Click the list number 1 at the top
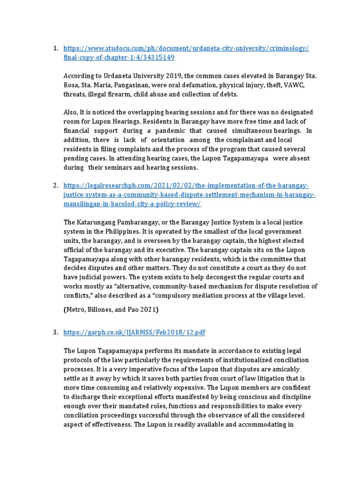[55, 48]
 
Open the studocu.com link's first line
[186, 48]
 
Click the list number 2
[55, 185]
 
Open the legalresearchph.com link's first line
[186, 185]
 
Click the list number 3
[55, 332]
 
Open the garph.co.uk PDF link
[134, 332]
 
